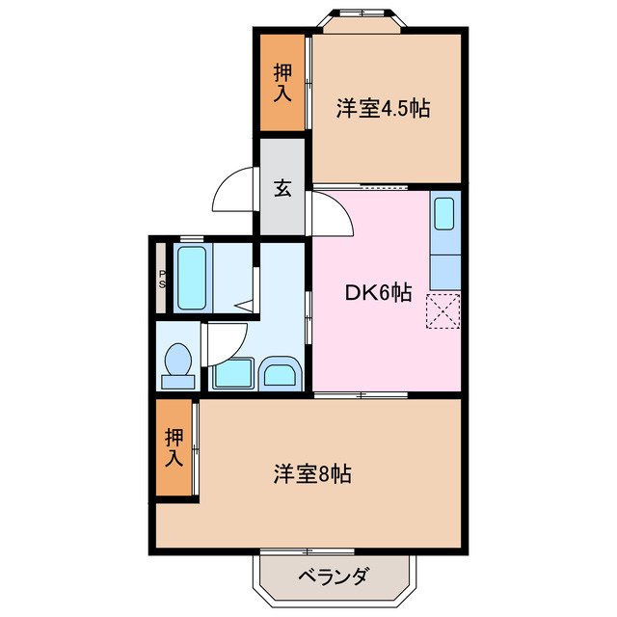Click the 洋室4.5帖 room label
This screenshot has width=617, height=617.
(x=383, y=108)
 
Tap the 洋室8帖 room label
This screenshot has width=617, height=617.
(x=311, y=473)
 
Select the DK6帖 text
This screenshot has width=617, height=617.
(x=380, y=293)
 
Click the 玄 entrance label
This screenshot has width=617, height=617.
(x=282, y=189)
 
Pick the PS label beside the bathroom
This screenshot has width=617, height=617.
(x=162, y=279)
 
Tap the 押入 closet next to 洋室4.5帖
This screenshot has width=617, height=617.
(x=282, y=82)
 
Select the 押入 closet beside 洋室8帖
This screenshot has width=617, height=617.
(x=174, y=447)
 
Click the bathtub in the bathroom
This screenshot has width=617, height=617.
(x=192, y=278)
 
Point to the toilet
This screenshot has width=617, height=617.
(x=177, y=365)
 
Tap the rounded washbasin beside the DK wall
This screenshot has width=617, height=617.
(x=281, y=373)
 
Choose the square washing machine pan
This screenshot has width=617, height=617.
(x=231, y=374)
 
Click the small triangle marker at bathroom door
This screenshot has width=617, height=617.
(x=246, y=307)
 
